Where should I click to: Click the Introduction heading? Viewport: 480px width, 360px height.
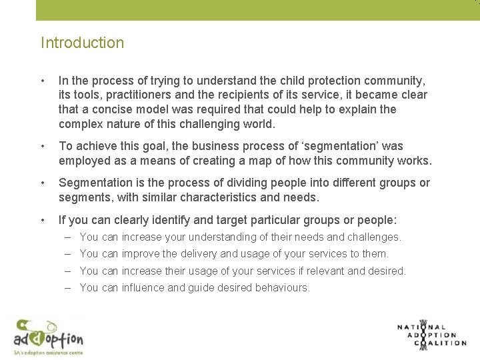[82, 43]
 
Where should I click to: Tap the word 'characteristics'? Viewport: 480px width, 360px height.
[217, 197]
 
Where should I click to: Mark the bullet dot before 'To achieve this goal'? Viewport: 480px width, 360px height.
[43, 146]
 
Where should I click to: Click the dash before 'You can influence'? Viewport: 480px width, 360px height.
[69, 288]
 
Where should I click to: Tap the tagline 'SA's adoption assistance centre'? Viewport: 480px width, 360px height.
[48, 352]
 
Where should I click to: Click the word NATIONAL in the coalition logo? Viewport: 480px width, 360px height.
[421, 327]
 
